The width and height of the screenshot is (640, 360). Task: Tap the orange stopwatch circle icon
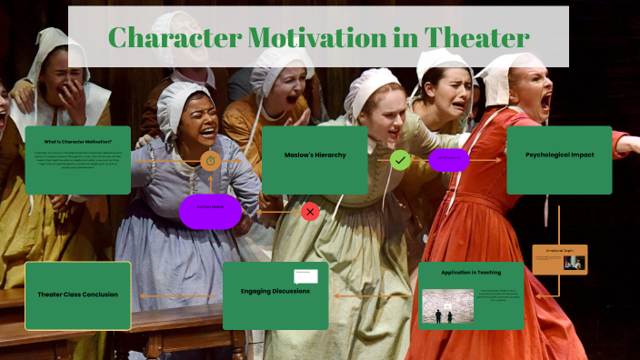(210, 161)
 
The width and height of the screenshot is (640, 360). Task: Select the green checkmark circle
(400, 161)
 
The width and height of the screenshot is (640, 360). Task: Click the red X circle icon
(310, 212)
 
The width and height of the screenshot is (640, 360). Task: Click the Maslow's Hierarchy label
(314, 155)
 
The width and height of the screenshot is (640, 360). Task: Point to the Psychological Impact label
(559, 155)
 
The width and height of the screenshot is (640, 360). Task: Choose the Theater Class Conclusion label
(77, 295)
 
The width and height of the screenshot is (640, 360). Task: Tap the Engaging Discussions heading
(275, 291)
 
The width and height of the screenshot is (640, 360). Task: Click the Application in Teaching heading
(471, 274)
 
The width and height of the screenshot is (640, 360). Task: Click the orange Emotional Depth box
(559, 259)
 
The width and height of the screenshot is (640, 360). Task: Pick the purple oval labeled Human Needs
(210, 211)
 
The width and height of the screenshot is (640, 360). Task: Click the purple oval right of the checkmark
(449, 160)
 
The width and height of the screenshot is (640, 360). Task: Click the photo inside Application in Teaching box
(447, 306)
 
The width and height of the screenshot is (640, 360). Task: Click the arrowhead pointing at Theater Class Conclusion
(135, 295)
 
